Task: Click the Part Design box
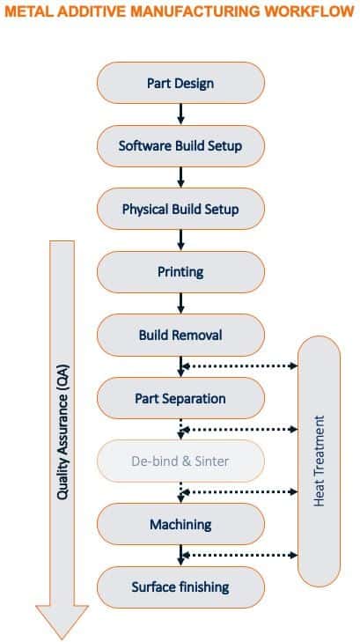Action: coord(180,83)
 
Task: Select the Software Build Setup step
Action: coord(180,146)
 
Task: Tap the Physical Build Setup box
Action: coord(180,210)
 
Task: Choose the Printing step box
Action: coord(180,272)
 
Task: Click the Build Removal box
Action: coord(180,336)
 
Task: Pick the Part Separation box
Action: coord(180,398)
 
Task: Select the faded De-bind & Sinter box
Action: coord(180,461)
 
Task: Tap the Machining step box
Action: coord(180,525)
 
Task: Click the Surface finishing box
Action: coord(180,587)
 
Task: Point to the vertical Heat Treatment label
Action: coord(319,461)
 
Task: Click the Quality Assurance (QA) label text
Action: coord(62,432)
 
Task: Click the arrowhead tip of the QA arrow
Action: coord(62,639)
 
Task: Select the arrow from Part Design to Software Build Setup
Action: coord(180,114)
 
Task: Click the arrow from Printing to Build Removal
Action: coord(180,304)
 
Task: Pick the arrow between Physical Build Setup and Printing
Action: coord(180,240)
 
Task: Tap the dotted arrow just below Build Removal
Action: coord(239,366)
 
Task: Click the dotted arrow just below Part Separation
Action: coord(239,429)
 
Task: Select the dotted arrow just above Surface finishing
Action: coord(239,555)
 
